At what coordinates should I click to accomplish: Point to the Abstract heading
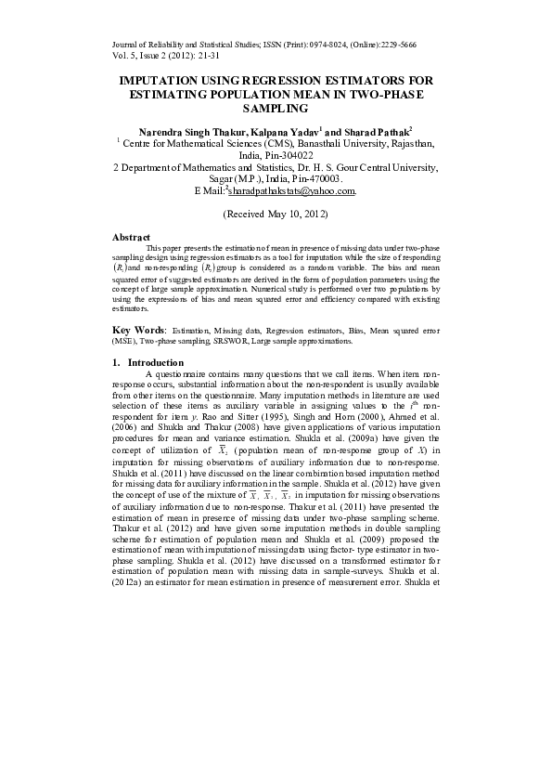point(131,238)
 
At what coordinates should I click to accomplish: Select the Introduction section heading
point(155,362)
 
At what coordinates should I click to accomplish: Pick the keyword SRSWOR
point(233,341)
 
